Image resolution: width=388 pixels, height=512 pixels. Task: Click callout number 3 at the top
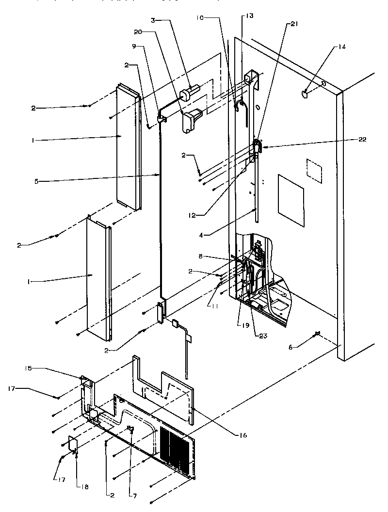tap(153, 20)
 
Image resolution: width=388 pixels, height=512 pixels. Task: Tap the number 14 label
tap(342, 48)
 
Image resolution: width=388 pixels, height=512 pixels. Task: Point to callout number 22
tap(363, 139)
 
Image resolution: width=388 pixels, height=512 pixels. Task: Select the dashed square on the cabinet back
tap(314, 170)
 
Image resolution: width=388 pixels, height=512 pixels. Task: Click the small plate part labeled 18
tap(72, 444)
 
